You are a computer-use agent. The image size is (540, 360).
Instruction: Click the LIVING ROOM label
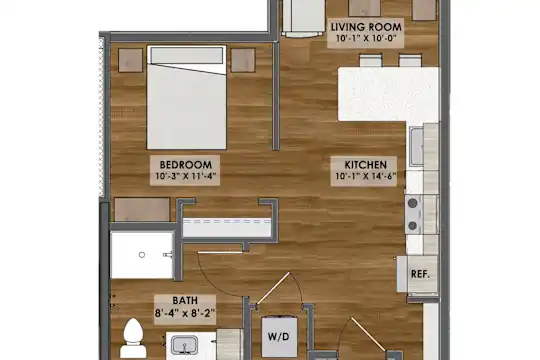[x=366, y=27]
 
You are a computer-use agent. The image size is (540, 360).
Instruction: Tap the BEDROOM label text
[x=186, y=165]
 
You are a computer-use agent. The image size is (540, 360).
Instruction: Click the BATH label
[x=185, y=300]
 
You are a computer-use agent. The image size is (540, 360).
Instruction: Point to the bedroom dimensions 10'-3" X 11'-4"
[x=186, y=176]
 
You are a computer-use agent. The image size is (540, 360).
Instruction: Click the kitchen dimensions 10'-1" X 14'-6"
[x=366, y=176]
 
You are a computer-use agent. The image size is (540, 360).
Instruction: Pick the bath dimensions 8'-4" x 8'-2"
[x=185, y=313]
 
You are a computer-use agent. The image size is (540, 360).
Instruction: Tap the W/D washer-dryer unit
[x=279, y=337]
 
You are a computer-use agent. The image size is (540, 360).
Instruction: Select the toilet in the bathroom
[x=133, y=339]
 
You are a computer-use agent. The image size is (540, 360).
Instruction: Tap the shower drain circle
[x=142, y=255]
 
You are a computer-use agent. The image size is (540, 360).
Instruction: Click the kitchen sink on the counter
[x=417, y=146]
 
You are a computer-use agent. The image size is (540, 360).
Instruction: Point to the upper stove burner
[x=413, y=204]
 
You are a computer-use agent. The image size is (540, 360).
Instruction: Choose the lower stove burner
[x=413, y=226]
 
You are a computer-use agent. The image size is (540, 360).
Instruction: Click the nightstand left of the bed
[x=131, y=60]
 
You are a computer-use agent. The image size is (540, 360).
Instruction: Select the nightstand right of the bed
[x=243, y=60]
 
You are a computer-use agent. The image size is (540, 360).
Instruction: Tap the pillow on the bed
[x=187, y=55]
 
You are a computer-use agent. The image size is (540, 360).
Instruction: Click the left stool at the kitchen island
[x=371, y=60]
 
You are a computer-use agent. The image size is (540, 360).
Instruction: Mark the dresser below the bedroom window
[x=142, y=209]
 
